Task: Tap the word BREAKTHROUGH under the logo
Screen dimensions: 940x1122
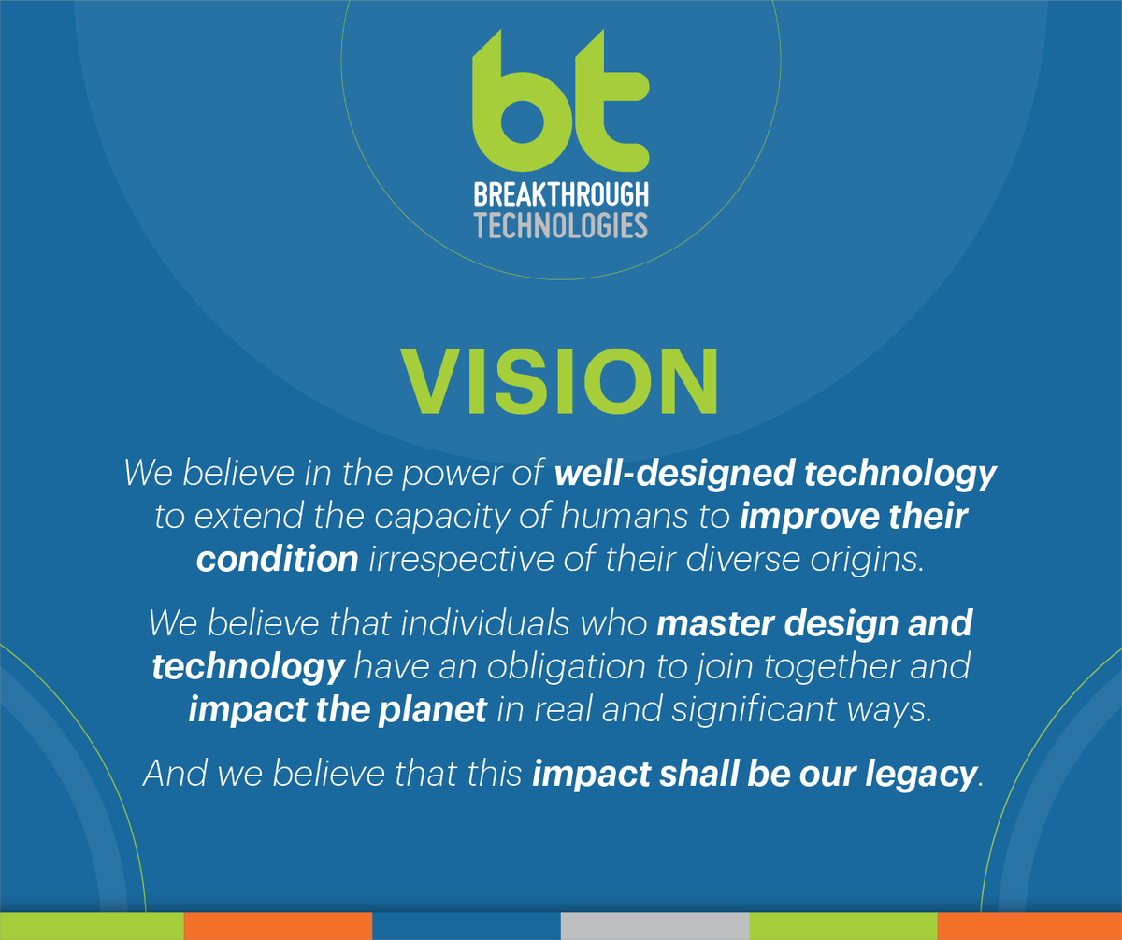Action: point(561,196)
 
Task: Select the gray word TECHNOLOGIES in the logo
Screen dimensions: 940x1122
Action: point(561,225)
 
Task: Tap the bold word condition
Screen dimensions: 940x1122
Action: point(277,560)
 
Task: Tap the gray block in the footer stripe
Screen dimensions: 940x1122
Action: point(654,924)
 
